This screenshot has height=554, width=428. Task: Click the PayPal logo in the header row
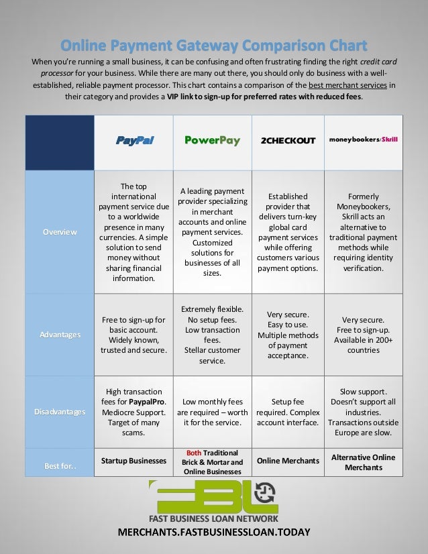click(x=134, y=141)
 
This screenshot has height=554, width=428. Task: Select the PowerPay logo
click(x=212, y=141)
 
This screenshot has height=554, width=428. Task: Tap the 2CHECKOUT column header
click(x=287, y=141)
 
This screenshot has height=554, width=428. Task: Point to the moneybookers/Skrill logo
click(x=363, y=140)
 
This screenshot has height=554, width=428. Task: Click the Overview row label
click(x=59, y=231)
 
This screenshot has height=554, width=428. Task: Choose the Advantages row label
click(x=59, y=334)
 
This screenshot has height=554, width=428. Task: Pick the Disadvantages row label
click(x=59, y=411)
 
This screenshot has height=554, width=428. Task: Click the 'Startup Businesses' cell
click(x=133, y=461)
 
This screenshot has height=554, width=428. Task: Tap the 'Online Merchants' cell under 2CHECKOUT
click(x=287, y=461)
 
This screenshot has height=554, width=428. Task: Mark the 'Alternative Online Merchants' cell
click(x=363, y=462)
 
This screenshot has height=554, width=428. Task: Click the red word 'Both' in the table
click(x=194, y=453)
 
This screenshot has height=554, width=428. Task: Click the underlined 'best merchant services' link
click(x=349, y=85)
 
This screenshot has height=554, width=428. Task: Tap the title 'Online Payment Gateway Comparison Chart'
click(x=214, y=46)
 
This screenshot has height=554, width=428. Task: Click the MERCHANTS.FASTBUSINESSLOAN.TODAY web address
click(x=214, y=533)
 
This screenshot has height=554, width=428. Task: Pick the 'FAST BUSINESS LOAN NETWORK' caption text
click(x=214, y=518)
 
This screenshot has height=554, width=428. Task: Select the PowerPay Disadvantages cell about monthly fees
click(x=212, y=411)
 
